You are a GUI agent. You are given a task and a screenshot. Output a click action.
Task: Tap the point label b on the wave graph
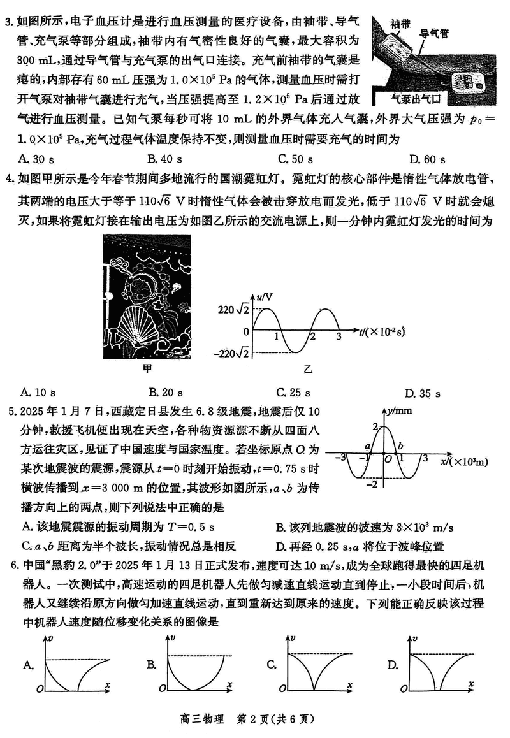[x=400, y=445]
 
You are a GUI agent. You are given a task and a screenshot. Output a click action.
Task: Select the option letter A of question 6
[x=27, y=666]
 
